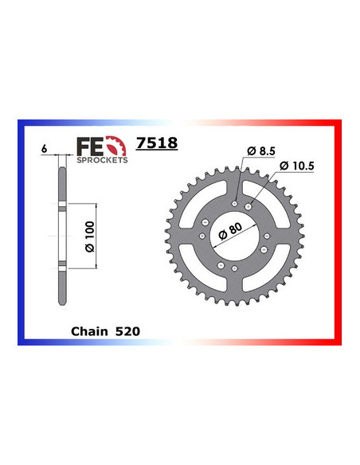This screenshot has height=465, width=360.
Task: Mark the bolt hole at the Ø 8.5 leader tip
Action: pyautogui.click(x=236, y=204)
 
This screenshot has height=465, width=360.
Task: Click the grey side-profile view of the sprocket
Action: pyautogui.click(x=61, y=231)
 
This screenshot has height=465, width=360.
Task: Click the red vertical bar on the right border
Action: pyautogui.click(x=338, y=231)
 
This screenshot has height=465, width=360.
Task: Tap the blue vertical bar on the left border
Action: pyautogui.click(x=22, y=231)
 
